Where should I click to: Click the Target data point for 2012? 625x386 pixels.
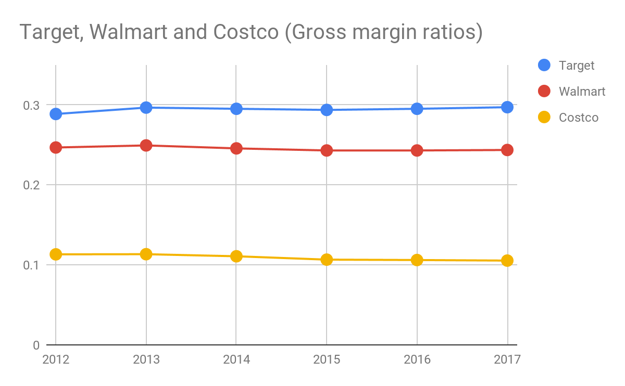point(56,113)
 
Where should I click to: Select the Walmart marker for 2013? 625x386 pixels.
point(146,145)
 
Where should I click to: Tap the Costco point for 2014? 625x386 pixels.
point(236,256)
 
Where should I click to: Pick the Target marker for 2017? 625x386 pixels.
point(507,107)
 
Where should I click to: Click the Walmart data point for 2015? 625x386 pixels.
point(327,150)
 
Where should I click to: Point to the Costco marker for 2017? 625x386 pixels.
point(507,261)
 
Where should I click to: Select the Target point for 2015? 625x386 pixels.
point(327,110)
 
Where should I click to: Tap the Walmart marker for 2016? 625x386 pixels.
point(417,150)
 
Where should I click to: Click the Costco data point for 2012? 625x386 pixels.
point(56,254)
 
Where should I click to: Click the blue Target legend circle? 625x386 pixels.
point(544,65)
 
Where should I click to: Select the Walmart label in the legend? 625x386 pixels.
point(582,92)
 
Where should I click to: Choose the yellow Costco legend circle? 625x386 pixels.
point(544,117)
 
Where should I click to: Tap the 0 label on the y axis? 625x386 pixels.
point(36,345)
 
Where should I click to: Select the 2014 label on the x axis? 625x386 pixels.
point(236,359)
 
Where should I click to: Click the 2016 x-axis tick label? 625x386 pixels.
point(417,359)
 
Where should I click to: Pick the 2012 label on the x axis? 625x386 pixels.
point(56,359)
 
